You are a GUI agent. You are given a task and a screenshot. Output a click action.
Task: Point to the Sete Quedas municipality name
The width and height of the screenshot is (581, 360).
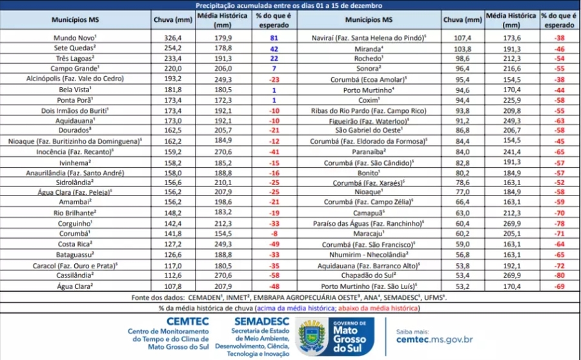75,48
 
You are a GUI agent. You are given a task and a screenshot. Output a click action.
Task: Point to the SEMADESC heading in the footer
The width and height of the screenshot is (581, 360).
261,321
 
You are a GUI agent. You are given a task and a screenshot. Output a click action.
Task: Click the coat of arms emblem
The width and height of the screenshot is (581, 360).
312,335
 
